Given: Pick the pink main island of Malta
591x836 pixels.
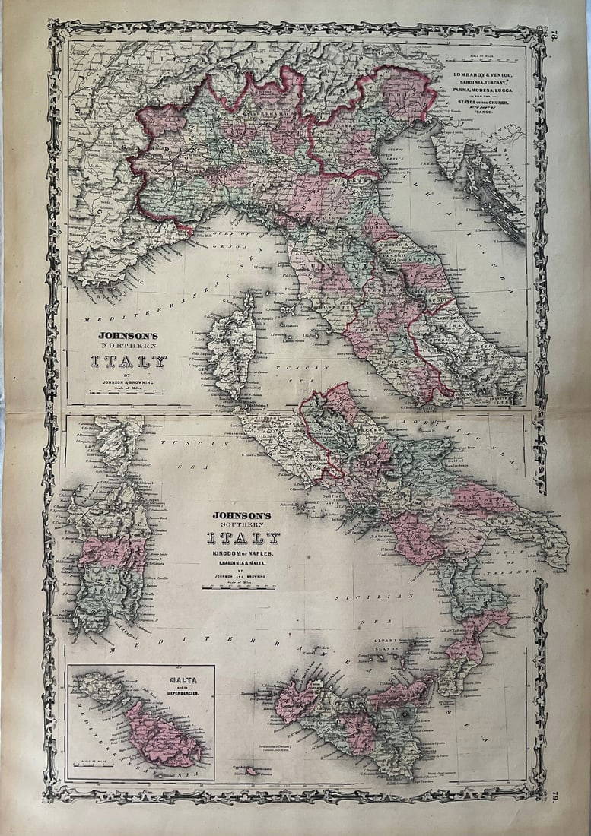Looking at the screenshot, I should (163, 733).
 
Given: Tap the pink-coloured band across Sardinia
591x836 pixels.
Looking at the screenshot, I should (110, 552).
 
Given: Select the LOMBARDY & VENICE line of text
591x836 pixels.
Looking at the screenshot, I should (485, 74).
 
